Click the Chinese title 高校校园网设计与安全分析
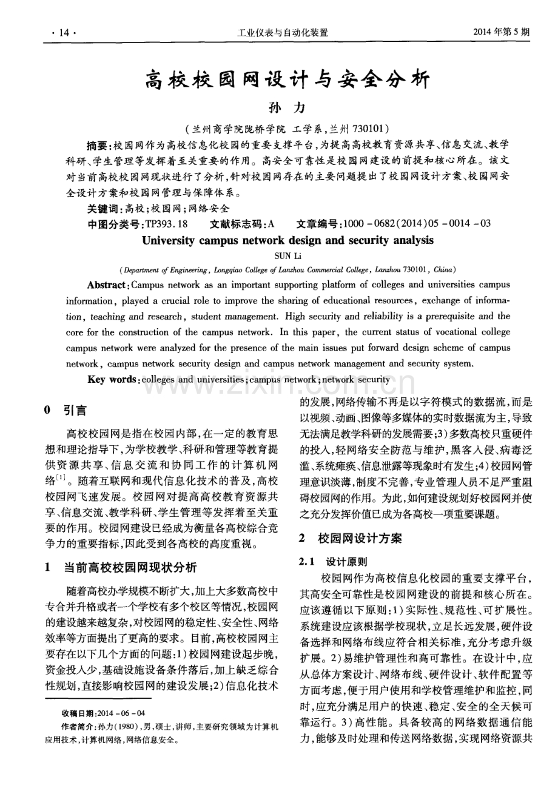click(287, 79)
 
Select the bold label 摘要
click(96, 146)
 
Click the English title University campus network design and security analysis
click(287, 240)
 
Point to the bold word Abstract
click(107, 285)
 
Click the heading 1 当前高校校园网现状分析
click(121, 568)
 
